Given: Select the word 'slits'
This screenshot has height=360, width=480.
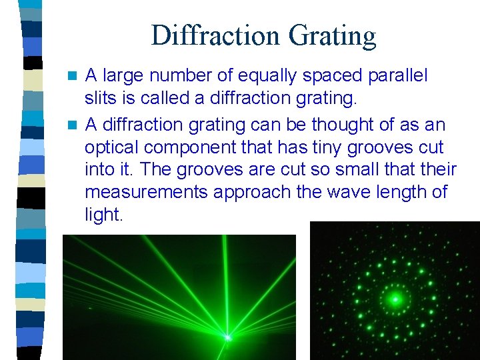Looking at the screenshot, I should click(x=99, y=99).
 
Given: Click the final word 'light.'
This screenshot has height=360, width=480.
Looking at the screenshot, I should click(x=104, y=215).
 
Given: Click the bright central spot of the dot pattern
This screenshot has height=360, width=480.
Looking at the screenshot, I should click(x=394, y=299).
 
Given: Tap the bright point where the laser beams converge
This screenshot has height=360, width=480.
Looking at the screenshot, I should click(x=227, y=337).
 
